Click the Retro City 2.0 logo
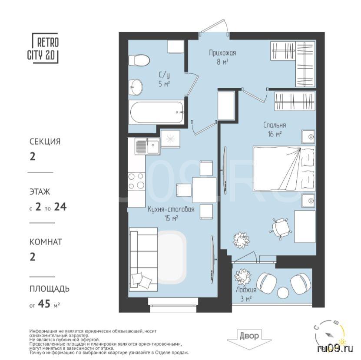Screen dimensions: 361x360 [x=43, y=48]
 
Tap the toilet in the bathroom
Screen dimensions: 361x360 [x=139, y=60]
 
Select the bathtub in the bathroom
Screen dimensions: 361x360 [x=156, y=112]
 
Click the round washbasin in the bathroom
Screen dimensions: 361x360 [x=136, y=87]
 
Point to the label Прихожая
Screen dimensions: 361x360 [x=222, y=53]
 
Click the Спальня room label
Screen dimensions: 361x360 [x=275, y=125]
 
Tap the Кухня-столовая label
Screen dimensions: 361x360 [x=171, y=209]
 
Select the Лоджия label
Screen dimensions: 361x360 [x=246, y=290]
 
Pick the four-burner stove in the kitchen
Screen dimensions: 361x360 [x=136, y=181]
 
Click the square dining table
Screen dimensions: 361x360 [x=204, y=190]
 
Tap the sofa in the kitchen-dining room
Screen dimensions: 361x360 [x=143, y=259]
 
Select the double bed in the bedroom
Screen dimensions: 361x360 [x=284, y=169]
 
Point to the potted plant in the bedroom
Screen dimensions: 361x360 [x=241, y=240]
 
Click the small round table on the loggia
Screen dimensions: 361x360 [x=283, y=293]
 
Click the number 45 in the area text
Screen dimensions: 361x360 [x=44, y=304]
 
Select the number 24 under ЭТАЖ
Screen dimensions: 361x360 [x=60, y=207]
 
